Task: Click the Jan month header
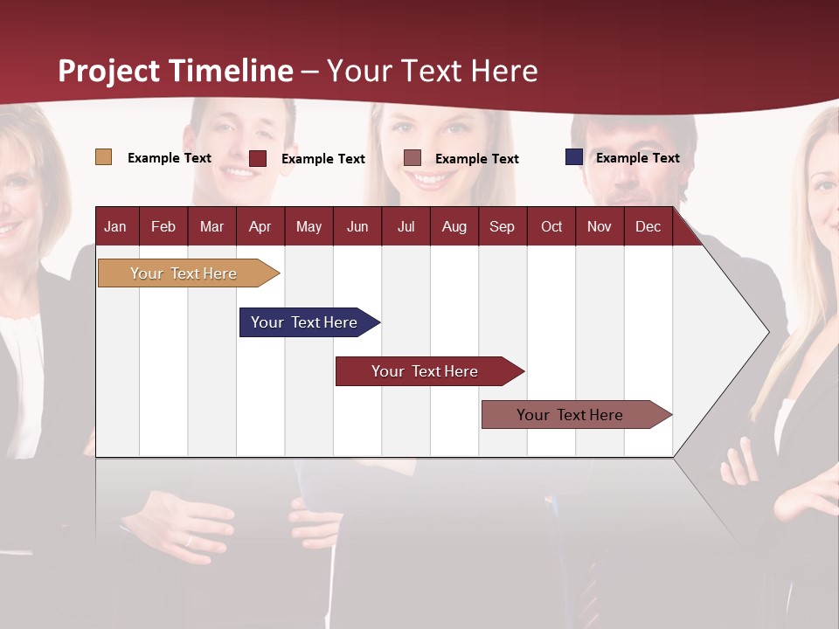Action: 115,226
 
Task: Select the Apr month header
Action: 260,226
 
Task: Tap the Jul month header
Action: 406,226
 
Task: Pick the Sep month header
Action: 502,226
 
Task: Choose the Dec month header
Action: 648,226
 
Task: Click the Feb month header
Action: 163,226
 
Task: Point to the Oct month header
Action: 551,226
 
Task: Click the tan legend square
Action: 103,157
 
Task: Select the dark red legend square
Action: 258,158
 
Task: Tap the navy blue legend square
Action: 574,157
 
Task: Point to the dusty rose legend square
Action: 413,157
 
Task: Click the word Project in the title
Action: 109,71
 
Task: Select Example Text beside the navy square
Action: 637,158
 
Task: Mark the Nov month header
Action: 600,226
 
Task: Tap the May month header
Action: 309,226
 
